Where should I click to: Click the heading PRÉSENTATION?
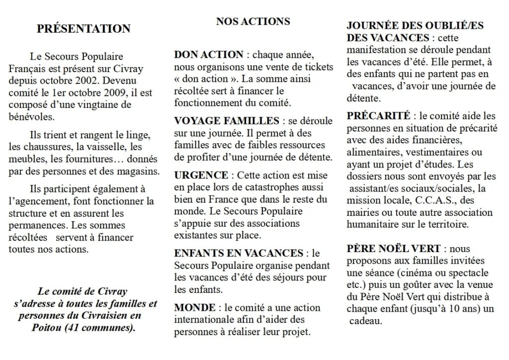pos(84,29)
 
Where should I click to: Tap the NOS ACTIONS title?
pos(253,21)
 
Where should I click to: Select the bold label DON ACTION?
pos(209,55)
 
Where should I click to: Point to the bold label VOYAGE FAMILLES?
pos(227,121)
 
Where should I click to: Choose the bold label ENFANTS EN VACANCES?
pos(239,253)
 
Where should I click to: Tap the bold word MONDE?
pos(195,308)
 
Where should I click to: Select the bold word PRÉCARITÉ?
pos(378,116)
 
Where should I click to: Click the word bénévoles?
pos(31,116)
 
